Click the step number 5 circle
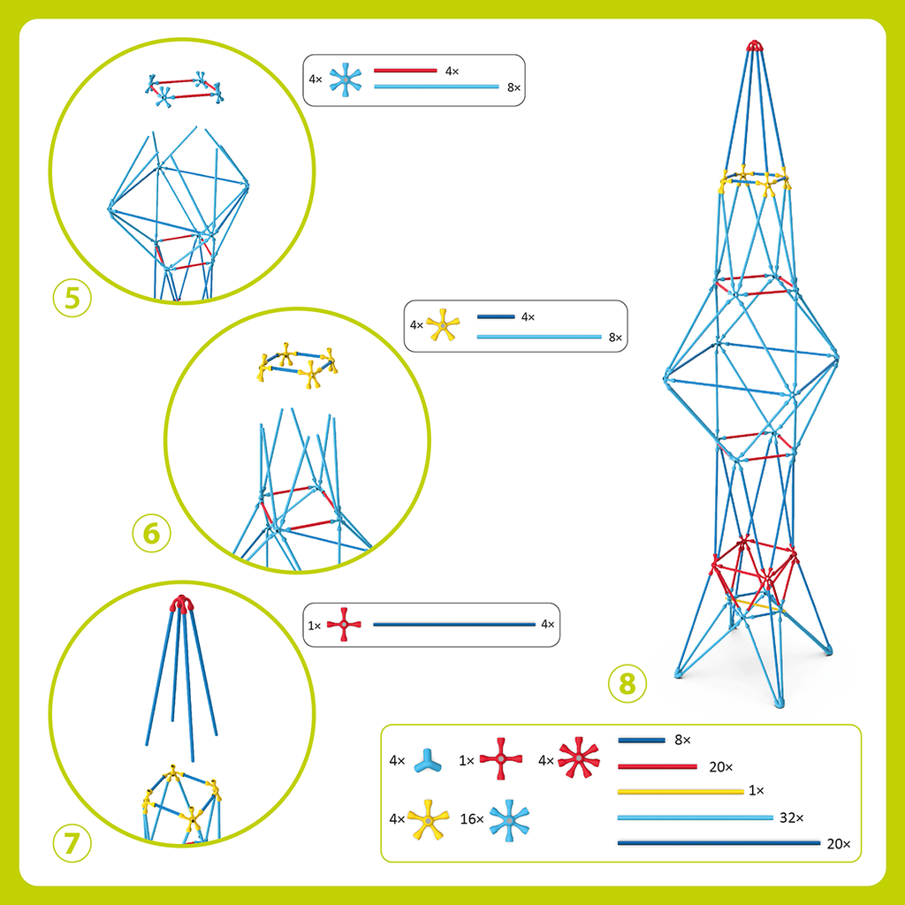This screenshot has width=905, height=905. (x=72, y=298)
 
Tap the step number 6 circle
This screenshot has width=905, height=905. (x=151, y=534)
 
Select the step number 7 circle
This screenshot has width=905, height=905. (x=72, y=842)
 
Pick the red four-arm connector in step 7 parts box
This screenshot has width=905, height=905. (x=344, y=625)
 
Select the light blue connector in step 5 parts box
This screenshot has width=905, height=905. (x=346, y=80)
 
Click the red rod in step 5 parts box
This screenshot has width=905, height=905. (x=406, y=70)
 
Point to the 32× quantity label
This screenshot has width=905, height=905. (x=790, y=818)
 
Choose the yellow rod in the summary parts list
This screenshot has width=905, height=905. (x=680, y=792)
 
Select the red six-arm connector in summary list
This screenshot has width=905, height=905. (x=578, y=759)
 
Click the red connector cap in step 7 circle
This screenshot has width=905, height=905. (x=182, y=604)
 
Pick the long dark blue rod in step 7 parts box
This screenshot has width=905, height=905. (x=454, y=625)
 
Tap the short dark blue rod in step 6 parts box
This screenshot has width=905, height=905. (x=495, y=316)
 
